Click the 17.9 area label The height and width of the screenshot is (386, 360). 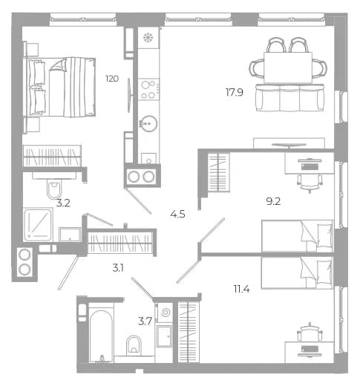[234, 92]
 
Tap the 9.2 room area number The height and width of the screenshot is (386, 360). [273, 202]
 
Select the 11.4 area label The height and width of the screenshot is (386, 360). [241, 289]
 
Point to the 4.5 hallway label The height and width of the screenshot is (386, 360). [177, 214]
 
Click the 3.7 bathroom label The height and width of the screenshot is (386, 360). [145, 321]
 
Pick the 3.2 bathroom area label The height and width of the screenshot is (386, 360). [63, 203]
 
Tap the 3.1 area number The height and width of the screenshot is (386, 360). [118, 268]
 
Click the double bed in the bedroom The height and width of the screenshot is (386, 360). [59, 87]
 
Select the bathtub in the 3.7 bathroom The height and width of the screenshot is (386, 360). [101, 336]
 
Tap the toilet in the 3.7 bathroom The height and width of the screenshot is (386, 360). [134, 345]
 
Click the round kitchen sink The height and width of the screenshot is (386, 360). [148, 123]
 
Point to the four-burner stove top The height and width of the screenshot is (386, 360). [148, 89]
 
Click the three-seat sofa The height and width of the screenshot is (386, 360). [289, 97]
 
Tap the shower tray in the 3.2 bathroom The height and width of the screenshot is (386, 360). [38, 225]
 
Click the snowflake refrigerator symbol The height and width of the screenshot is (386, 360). [148, 38]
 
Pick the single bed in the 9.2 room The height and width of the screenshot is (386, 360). [298, 236]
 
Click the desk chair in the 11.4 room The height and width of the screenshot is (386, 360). [310, 332]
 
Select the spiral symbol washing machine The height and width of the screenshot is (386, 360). [165, 313]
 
